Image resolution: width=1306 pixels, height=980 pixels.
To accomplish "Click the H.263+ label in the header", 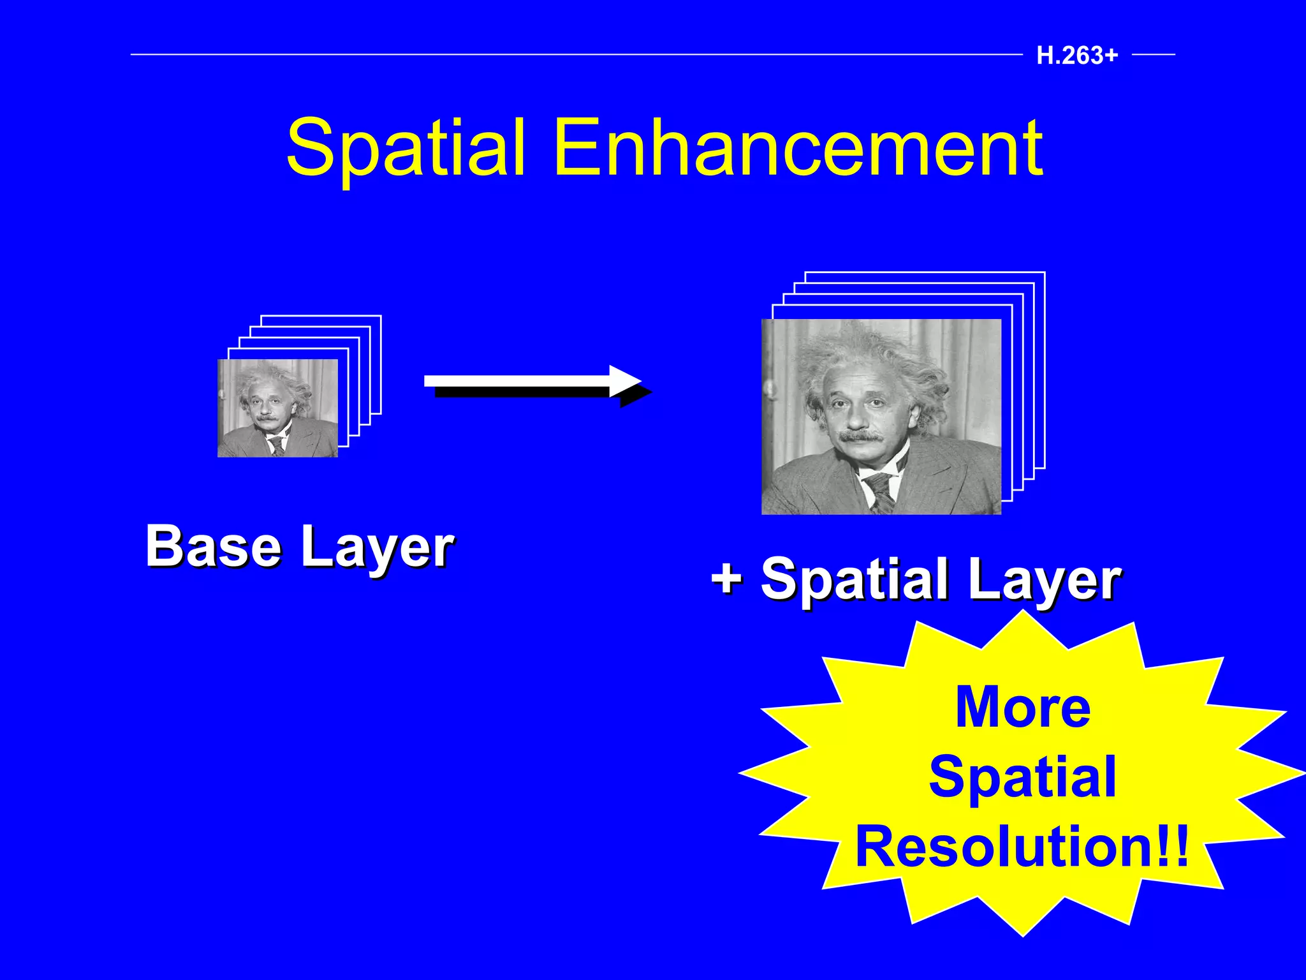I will coord(1077,56).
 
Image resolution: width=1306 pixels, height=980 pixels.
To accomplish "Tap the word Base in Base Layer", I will coord(213,546).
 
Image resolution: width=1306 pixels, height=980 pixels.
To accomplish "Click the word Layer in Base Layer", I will coord(377,549).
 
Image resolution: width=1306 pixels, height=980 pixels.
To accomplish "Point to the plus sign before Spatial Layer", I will coord(727,577).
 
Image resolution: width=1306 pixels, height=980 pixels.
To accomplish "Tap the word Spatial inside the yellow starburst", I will coord(1022,776).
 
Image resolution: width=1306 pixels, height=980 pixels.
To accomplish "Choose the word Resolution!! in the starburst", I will coord(1022,847).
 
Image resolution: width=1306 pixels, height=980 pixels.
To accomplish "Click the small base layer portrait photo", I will coord(277,408).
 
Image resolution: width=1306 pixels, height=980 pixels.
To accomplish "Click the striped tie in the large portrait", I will coord(881,491).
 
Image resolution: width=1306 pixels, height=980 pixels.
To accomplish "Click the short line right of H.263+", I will coord(1153,55).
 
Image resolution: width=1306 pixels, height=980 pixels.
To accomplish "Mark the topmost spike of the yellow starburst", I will coord(1024,614).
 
